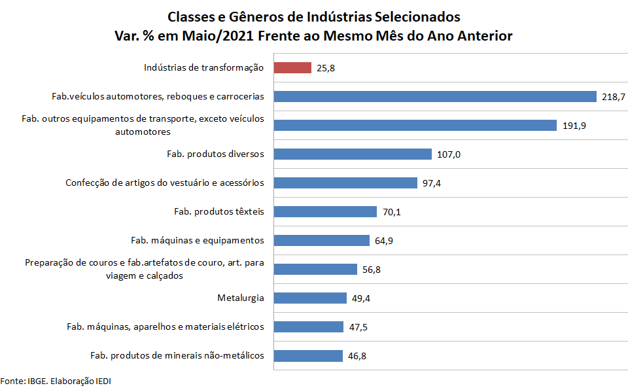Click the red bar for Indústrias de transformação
pos(292,67)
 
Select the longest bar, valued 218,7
pos(435,96)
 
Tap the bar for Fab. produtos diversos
pos(353,154)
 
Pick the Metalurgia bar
pos(310,298)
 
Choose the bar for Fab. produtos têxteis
pos(325,211)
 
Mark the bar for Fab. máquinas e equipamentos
pos(322,240)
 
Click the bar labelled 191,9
pos(415,125)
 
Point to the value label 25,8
pos(326,68)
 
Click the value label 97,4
pos(432,183)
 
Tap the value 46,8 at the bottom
pos(357,356)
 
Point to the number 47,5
pos(358,327)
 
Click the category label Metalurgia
pos(241,298)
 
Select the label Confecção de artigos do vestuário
pos(165,183)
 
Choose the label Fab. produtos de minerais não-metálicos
pos(177,355)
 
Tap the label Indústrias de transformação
pos(203,67)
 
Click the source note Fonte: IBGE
pos(52,380)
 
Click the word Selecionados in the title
pos(418,16)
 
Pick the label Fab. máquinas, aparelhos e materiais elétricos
pos(166,326)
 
